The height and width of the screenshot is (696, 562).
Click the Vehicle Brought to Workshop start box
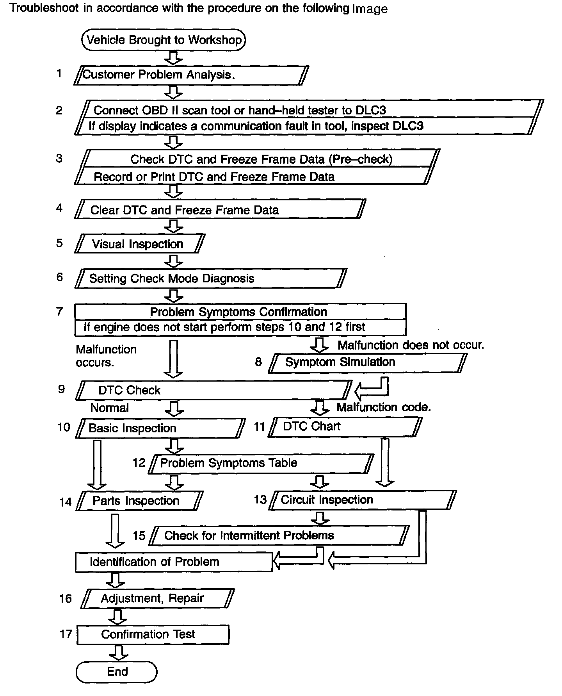coord(164,40)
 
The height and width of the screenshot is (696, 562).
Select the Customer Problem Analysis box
coord(191,75)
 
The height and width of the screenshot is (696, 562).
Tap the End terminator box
coord(117,672)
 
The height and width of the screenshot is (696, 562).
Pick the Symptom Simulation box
coord(367,363)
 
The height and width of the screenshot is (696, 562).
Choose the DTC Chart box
coord(345,427)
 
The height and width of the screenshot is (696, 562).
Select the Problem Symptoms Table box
coord(261,464)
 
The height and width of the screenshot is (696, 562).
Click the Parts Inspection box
coord(139,501)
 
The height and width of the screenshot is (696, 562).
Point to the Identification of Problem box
coord(174,562)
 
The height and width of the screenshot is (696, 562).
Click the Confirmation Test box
coord(153,635)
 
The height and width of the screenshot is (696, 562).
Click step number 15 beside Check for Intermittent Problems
coord(139,535)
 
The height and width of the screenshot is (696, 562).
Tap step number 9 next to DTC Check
coord(61,389)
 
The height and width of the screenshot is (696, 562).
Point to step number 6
coord(59,277)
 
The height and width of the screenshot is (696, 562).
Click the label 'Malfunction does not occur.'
coord(411,345)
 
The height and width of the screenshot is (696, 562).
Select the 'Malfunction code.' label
coord(384,407)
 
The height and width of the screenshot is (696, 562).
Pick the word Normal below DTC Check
coord(109,408)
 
